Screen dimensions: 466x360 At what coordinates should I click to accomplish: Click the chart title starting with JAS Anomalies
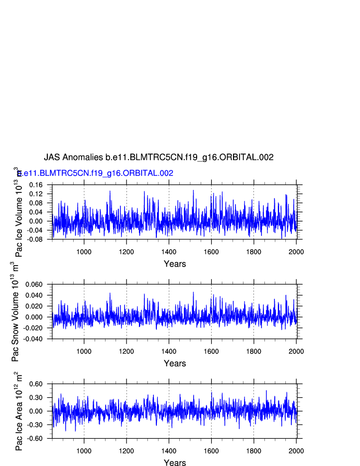coord(159,157)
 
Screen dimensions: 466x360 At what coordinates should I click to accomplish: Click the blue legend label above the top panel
coord(96,173)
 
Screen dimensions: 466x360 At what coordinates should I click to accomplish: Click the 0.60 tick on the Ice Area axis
coord(38,384)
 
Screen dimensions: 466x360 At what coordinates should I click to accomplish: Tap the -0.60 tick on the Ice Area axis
coord(36,439)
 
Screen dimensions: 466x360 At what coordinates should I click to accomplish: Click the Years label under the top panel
coord(175,264)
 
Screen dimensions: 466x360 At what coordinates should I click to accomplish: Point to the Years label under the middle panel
coord(175,364)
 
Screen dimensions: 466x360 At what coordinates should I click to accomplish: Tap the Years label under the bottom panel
coord(175,463)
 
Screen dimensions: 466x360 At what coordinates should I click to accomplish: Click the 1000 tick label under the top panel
coord(84,252)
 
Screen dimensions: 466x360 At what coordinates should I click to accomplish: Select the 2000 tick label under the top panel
coord(296,252)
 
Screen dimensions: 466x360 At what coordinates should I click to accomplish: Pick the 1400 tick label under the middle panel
coord(169,351)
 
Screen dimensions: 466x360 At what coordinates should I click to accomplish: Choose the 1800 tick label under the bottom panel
coord(253,451)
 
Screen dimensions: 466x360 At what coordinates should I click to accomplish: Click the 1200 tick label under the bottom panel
coord(126,451)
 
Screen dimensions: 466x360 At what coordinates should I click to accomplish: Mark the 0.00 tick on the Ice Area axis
coord(38,411)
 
